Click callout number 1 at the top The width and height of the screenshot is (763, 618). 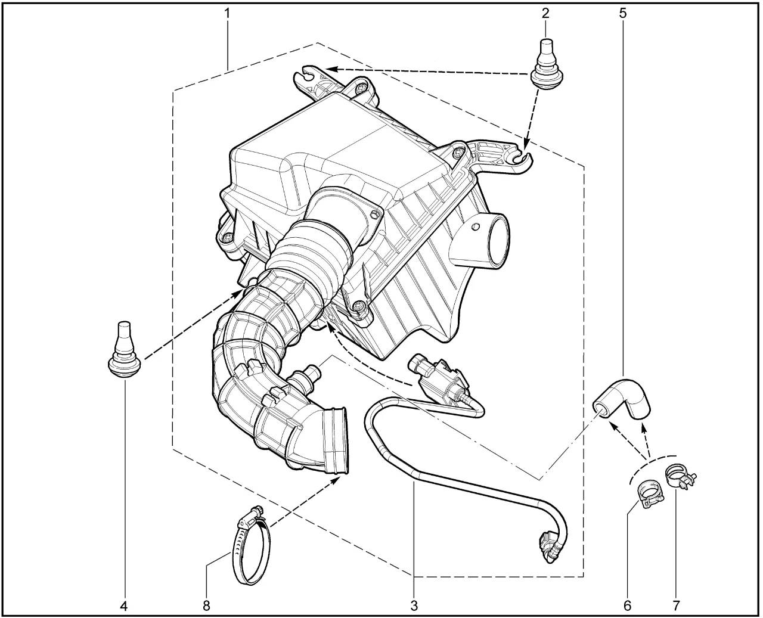point(227,14)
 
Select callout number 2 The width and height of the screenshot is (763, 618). point(545,14)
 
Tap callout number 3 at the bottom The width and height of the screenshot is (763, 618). point(414,606)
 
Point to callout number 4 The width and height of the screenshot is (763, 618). point(124,606)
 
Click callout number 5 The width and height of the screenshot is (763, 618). point(623,14)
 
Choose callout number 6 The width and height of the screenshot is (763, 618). point(627,606)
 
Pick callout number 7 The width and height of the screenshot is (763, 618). point(676,606)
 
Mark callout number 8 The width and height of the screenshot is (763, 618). point(206,606)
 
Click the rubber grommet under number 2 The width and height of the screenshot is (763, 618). point(545,64)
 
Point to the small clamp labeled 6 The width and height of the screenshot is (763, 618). point(650,495)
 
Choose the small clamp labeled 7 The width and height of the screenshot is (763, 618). point(680,477)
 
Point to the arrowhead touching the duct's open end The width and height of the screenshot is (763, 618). point(336,480)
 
